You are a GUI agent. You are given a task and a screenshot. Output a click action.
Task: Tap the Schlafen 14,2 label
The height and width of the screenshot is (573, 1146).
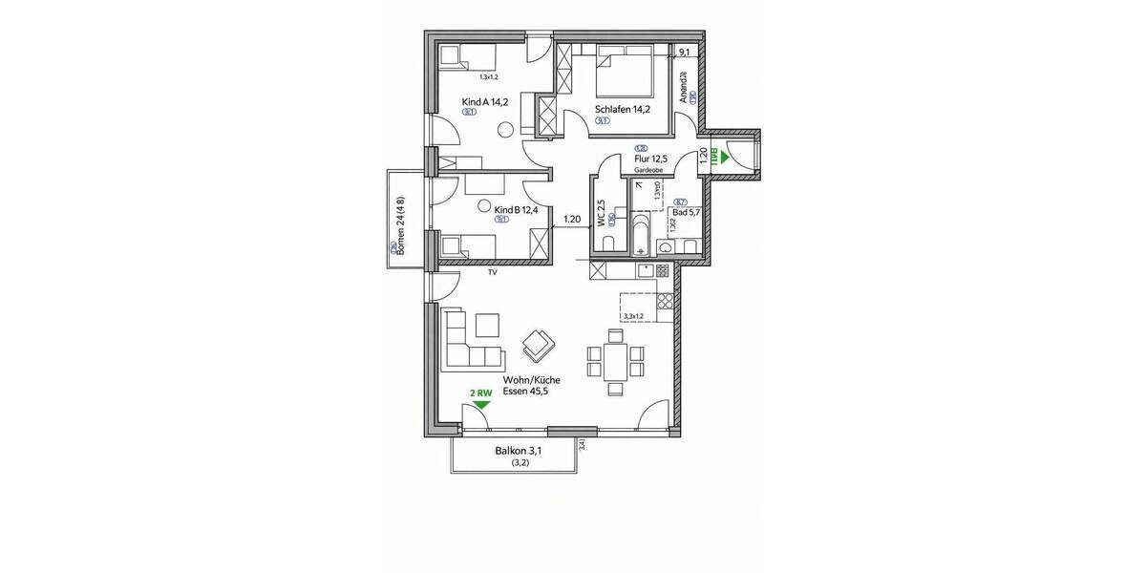(x=622, y=109)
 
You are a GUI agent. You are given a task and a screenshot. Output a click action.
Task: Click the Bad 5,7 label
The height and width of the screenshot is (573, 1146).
(x=687, y=212)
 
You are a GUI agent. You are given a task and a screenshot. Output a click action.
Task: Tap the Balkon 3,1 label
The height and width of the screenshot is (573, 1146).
(x=516, y=450)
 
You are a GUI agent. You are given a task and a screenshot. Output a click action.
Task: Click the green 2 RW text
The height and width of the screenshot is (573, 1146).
(x=480, y=393)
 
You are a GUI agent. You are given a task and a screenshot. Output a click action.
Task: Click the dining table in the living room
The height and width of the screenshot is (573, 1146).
(x=615, y=362)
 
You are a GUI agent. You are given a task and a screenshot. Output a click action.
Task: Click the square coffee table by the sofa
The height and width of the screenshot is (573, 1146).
(x=488, y=325)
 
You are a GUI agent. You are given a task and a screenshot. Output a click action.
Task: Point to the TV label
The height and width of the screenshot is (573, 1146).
(x=493, y=273)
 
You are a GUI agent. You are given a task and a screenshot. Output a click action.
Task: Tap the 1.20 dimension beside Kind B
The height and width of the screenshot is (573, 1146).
(x=573, y=220)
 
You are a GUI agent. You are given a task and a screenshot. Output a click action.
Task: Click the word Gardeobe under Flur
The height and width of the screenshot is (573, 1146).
(x=648, y=170)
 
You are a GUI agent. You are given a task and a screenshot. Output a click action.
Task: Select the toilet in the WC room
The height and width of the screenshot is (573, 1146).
(x=602, y=245)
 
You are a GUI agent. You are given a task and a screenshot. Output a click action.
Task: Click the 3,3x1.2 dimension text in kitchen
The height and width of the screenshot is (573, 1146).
(x=633, y=316)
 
